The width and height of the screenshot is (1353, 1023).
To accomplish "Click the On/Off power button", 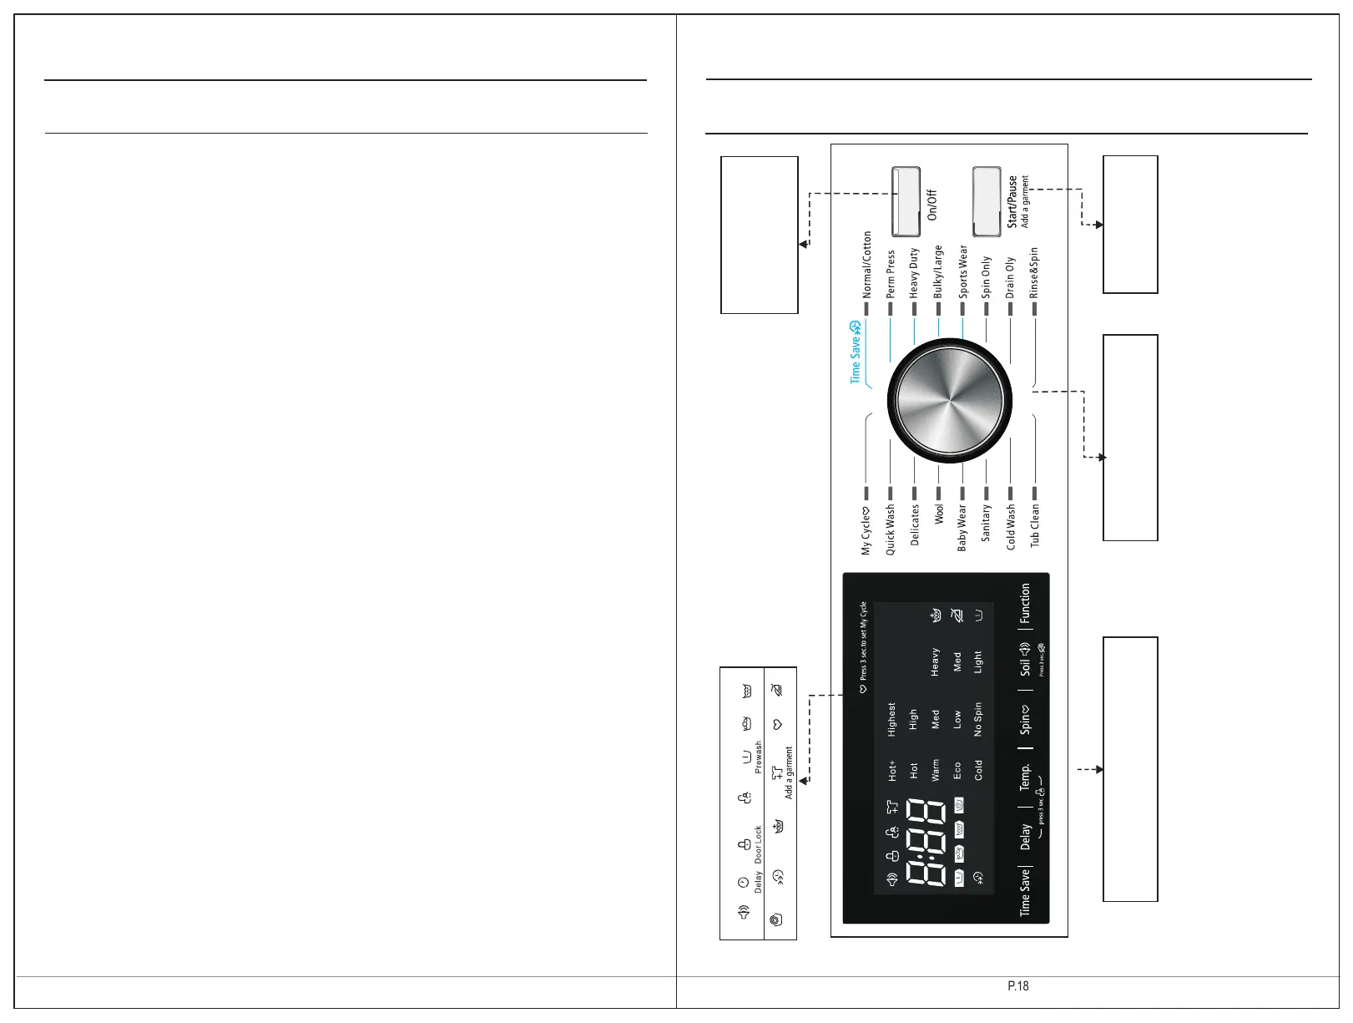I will click(x=906, y=201).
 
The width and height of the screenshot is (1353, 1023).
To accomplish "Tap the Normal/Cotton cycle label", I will click(x=867, y=265).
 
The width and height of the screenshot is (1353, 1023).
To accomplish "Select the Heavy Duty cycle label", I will click(x=914, y=272).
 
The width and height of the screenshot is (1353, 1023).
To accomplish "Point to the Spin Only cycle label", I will click(x=987, y=276).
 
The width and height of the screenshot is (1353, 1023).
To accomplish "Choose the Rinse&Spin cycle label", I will click(x=1034, y=272).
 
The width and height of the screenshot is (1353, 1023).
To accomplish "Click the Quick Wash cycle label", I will click(x=891, y=529).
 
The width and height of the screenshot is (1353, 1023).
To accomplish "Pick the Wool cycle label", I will click(x=938, y=514).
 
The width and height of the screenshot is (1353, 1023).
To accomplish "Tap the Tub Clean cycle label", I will click(x=1035, y=524).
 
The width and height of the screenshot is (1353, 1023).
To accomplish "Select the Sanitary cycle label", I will click(x=987, y=523).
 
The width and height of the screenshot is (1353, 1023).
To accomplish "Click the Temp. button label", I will click(x=1025, y=776).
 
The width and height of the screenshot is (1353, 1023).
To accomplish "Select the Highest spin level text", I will click(x=891, y=719).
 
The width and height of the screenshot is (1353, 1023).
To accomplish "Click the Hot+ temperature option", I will click(x=891, y=770).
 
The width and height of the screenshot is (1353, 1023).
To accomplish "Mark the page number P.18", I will click(x=1017, y=986).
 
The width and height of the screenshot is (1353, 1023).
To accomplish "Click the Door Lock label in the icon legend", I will click(x=759, y=844).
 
